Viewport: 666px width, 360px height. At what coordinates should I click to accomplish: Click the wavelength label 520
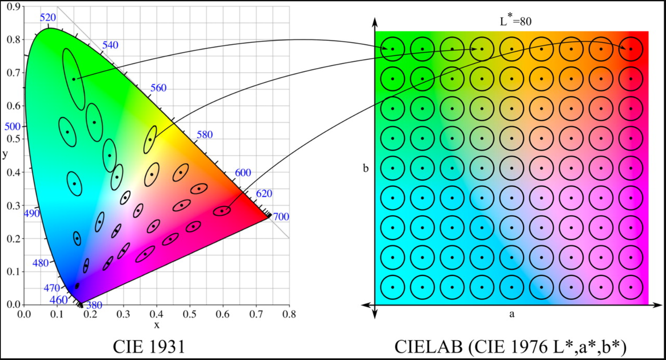point(48,18)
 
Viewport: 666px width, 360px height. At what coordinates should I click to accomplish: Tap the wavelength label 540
point(110,45)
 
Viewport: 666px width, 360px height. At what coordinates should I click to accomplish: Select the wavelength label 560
point(158,88)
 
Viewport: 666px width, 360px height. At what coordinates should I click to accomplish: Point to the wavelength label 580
point(204,135)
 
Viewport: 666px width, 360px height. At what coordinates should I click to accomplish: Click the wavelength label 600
point(243,173)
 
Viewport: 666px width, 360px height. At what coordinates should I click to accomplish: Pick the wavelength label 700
point(281,217)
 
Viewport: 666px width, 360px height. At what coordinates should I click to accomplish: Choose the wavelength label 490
point(32,213)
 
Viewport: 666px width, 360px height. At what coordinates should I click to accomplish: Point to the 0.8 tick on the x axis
point(289,314)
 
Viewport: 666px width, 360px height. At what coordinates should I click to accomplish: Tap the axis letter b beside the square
point(365,169)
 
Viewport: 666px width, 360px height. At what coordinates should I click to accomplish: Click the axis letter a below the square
point(512,315)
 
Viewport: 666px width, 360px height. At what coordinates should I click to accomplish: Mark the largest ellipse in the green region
point(74,79)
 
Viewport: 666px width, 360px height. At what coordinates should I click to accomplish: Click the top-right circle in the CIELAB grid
point(630,49)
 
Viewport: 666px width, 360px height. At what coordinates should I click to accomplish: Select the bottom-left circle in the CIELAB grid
point(392,287)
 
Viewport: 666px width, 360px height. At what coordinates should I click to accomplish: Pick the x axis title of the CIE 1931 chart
point(156,325)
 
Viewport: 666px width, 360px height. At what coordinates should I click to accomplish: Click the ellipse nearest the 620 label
point(222,211)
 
